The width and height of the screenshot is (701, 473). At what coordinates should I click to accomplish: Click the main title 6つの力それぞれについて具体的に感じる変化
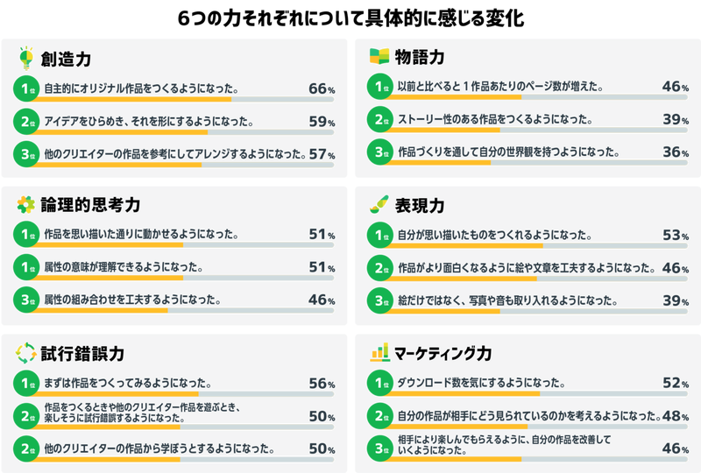coord(350,18)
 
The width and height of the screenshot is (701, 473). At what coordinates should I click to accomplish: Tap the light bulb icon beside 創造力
coord(26,58)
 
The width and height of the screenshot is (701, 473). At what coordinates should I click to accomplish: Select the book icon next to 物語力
coord(379,56)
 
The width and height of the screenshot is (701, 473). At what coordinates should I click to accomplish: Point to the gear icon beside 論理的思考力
coord(26,205)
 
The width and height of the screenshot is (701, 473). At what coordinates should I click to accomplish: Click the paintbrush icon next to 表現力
coord(379,204)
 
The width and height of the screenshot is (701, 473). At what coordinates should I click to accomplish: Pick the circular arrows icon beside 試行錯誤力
coord(26,353)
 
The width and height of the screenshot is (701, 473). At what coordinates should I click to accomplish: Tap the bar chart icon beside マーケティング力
coord(379,352)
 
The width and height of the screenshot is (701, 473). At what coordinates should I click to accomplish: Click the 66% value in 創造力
coord(322,88)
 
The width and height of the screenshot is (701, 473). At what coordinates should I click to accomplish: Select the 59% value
coord(322,122)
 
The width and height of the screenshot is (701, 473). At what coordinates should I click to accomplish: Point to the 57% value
coord(322,154)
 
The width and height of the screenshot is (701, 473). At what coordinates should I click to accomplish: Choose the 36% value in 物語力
coord(676,152)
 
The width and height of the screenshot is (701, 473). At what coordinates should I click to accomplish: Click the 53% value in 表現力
coord(676,235)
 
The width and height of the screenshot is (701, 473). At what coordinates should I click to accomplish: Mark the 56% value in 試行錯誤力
coord(322,383)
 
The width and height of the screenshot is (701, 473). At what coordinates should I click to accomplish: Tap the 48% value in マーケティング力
coord(676,416)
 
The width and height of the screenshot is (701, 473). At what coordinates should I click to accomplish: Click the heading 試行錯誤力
coord(82,354)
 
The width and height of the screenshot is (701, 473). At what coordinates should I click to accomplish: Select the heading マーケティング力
coord(443,353)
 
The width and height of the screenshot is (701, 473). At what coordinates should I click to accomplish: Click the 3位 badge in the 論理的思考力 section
coord(26,300)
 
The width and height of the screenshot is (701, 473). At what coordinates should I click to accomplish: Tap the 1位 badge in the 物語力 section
coord(380,87)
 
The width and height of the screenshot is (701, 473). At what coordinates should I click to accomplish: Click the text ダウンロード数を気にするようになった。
coord(481,383)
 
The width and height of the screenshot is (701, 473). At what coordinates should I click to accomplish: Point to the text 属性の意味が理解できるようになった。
coord(124,267)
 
